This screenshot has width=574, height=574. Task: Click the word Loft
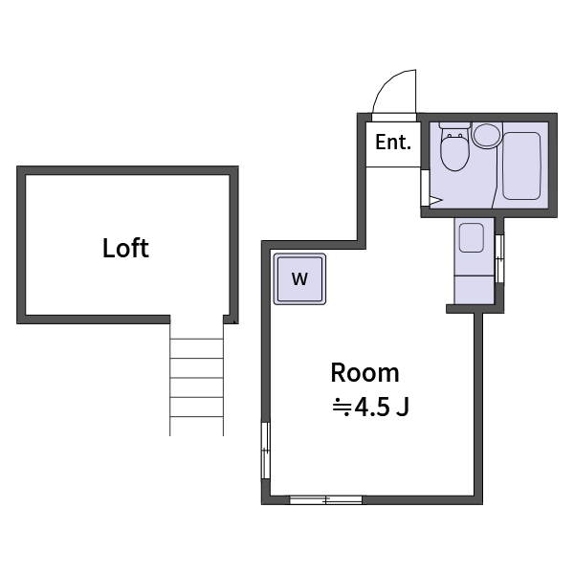(x=125, y=249)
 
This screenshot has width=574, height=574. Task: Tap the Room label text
(x=364, y=373)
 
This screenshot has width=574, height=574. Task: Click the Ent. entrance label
(x=392, y=143)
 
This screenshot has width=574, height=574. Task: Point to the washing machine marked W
(x=300, y=279)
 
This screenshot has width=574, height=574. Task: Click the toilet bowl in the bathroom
(x=453, y=153)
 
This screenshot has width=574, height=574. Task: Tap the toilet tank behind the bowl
(x=453, y=128)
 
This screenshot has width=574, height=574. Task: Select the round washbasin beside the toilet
(x=486, y=134)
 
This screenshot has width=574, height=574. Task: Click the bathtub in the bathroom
(x=521, y=165)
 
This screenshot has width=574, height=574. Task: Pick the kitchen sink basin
(x=472, y=237)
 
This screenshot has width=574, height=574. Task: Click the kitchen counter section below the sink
(x=474, y=286)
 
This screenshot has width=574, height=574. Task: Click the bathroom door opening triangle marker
(x=433, y=201)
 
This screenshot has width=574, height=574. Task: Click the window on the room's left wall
(x=266, y=449)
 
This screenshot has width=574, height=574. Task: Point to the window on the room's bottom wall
(x=325, y=499)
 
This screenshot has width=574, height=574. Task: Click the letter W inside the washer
(x=300, y=279)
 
